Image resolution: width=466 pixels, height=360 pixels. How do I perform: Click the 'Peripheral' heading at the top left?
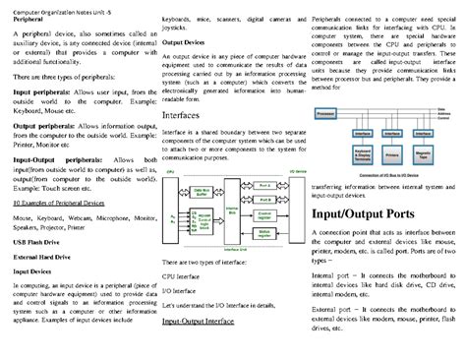click(29, 20)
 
